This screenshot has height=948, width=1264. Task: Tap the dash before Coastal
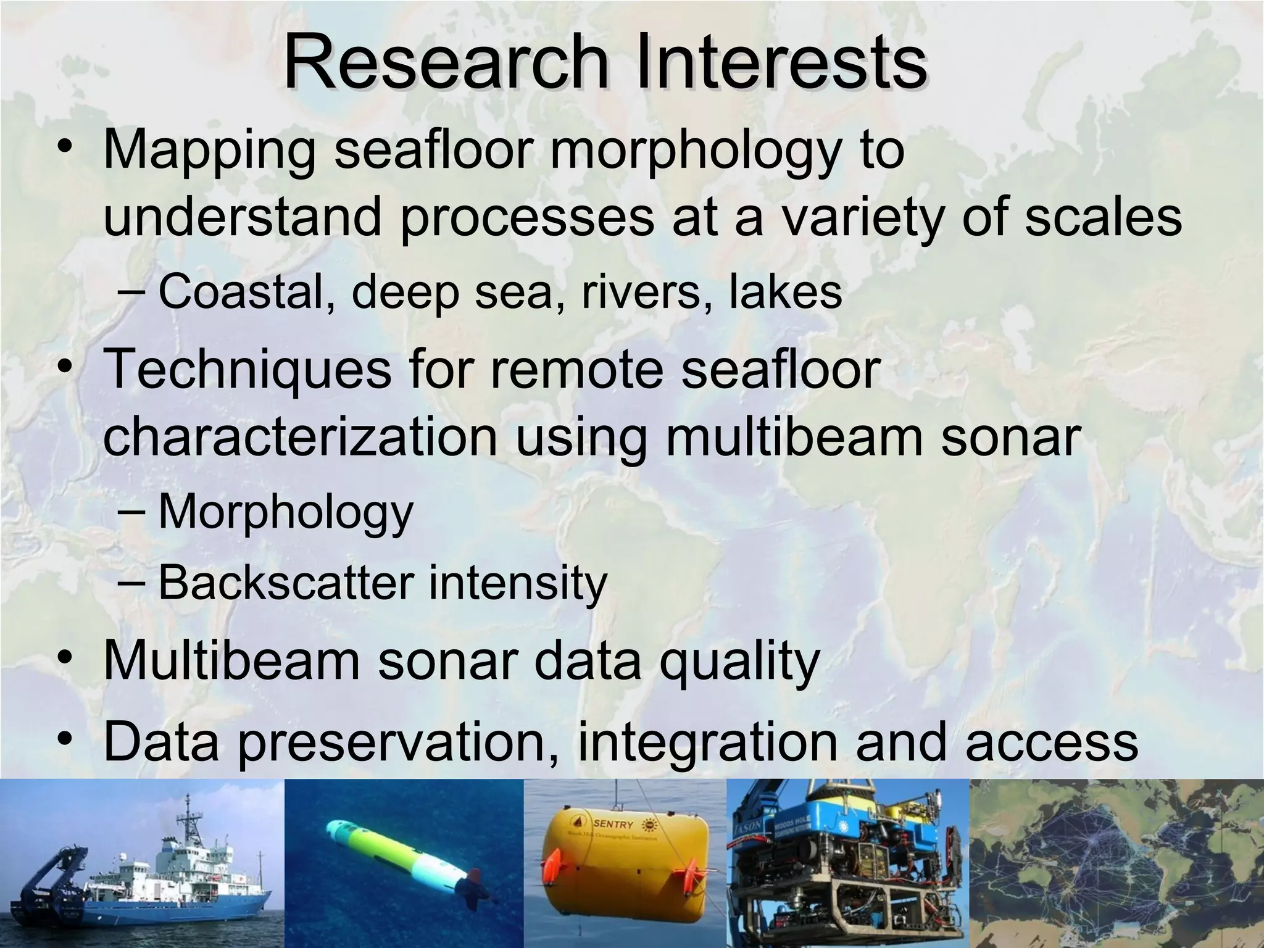point(131,293)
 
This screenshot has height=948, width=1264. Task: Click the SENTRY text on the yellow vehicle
point(613,825)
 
